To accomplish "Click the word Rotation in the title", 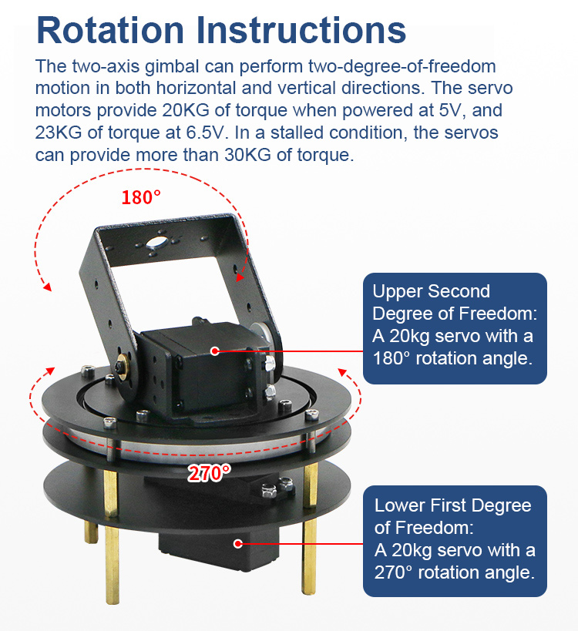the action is click(110, 30).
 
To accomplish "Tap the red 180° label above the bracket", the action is click(141, 197).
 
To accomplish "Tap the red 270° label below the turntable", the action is click(210, 473).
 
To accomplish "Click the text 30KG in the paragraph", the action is click(247, 155).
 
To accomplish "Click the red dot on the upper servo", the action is click(215, 351).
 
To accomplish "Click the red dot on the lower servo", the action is click(238, 544).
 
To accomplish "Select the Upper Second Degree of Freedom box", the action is click(455, 328).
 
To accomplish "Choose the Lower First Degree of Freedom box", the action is click(455, 541).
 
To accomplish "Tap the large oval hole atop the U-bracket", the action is click(156, 242).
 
